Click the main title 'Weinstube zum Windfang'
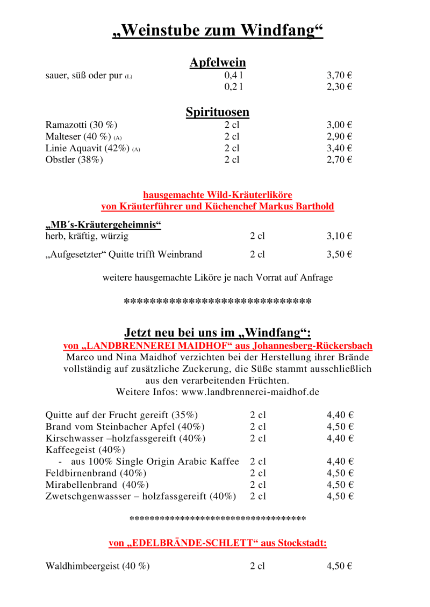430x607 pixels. click(218, 31)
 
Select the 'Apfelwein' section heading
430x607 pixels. click(218, 63)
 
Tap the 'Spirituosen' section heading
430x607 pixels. click(218, 112)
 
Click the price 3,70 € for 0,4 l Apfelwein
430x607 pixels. click(339, 76)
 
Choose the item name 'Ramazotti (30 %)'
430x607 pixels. click(81, 125)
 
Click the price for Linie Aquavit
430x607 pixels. click(339, 148)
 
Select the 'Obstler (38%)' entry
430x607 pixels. click(74, 160)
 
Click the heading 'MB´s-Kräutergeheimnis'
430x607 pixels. click(103, 225)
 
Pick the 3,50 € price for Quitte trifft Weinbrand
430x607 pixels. click(339, 254)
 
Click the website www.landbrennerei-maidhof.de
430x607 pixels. click(250, 392)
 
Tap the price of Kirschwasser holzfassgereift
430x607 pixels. click(340, 438)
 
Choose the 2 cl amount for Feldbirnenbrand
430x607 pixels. click(258, 473)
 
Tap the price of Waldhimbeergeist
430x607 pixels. click(339, 566)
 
